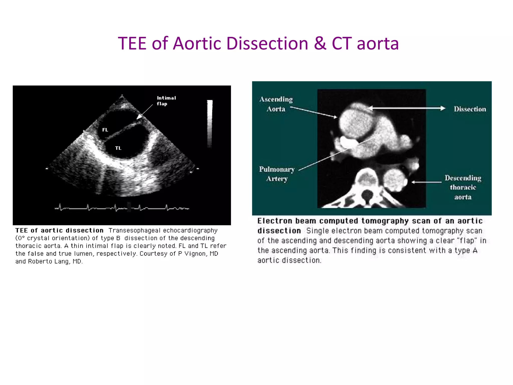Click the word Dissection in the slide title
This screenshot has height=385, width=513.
pyautogui.click(x=267, y=43)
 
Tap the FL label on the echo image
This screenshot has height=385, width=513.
pyautogui.click(x=105, y=130)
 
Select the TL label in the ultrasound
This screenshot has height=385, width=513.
pyautogui.click(x=118, y=148)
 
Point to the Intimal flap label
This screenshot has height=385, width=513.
pyautogui.click(x=166, y=101)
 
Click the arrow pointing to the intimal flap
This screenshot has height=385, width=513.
pyautogui.click(x=145, y=112)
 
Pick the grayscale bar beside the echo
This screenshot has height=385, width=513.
pyautogui.click(x=210, y=124)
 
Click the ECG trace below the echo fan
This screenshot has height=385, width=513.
pyautogui.click(x=122, y=208)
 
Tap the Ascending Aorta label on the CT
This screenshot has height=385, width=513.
pyautogui.click(x=276, y=104)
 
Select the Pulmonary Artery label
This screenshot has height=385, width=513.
pyautogui.click(x=277, y=174)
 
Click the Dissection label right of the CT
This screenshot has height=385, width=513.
pyautogui.click(x=470, y=109)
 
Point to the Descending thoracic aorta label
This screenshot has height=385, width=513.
pyautogui.click(x=463, y=187)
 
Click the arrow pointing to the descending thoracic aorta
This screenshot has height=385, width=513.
pyautogui.click(x=427, y=182)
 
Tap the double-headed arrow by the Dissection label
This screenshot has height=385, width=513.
pyautogui.click(x=406, y=108)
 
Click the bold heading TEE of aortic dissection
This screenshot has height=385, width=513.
pyautogui.click(x=59, y=230)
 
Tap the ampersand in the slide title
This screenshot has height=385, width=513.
pyautogui.click(x=320, y=43)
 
